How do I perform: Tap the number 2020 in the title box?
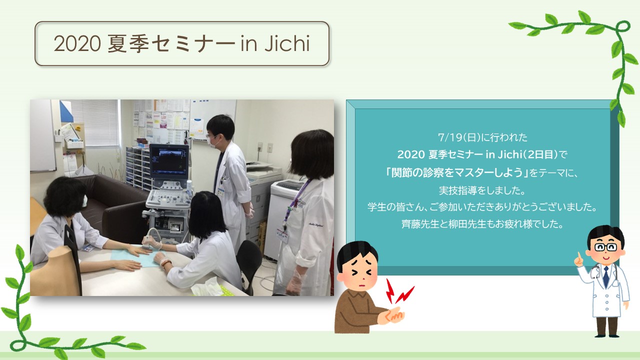pos(77,44)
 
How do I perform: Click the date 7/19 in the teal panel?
pos(450,137)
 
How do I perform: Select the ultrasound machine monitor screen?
pos(169,161)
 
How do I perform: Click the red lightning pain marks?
pos(398,291)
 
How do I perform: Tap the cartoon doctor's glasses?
pos(605,247)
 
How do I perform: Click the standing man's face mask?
pos(213,142)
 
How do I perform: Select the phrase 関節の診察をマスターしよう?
pos(457,172)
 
